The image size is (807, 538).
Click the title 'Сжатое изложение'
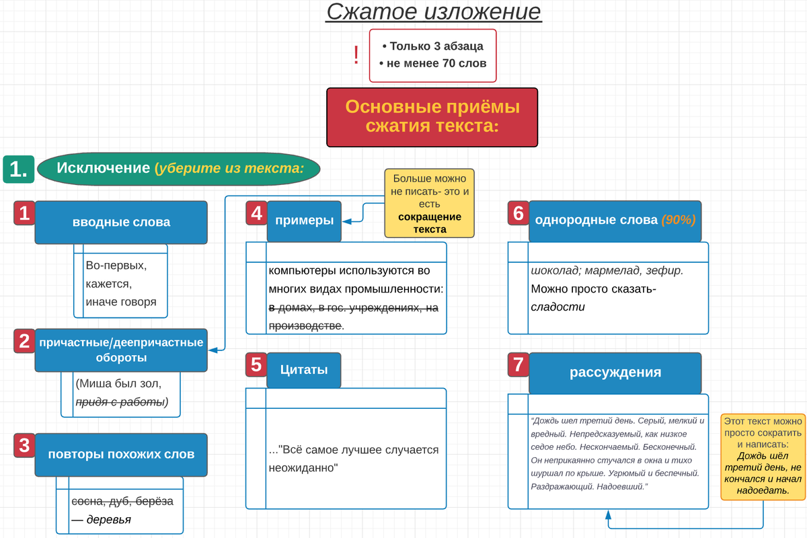pos(433,13)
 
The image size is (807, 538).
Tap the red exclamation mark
pos(356,55)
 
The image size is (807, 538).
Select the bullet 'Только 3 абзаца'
pos(432,46)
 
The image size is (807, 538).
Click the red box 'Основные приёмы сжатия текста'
pos(432,116)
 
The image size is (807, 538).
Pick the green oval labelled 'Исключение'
pos(179,168)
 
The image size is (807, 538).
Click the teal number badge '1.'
pos(19,169)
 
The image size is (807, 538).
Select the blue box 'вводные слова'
pos(121,222)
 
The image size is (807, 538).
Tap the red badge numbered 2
pos(24,342)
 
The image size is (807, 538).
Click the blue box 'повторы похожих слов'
pos(121,454)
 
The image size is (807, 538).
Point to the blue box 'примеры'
pos(304,221)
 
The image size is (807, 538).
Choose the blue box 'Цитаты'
pos(304,369)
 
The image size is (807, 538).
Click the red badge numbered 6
pos(518,214)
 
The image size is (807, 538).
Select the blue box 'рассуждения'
pos(615,373)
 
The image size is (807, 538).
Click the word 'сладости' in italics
pos(558,307)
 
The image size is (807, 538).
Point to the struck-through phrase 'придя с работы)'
pos(121,402)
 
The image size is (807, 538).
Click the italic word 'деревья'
pos(110,519)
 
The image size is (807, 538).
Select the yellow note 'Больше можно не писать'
pos(430,204)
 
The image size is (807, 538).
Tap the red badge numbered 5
pos(256,364)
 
